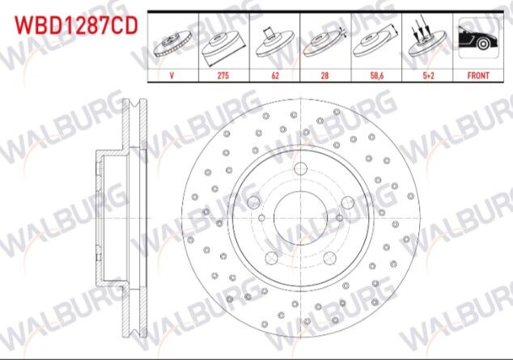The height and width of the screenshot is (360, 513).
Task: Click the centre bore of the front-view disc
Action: click(299, 215)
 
